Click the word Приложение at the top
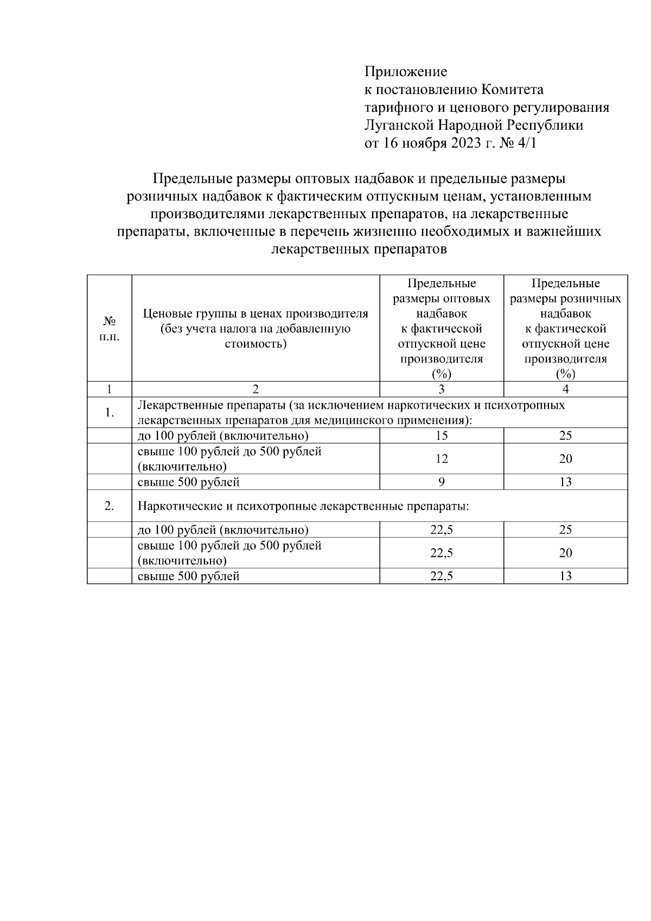pyautogui.click(x=406, y=72)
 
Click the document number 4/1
pyautogui.click(x=531, y=143)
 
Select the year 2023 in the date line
pyautogui.click(x=464, y=143)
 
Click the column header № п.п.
pyautogui.click(x=109, y=329)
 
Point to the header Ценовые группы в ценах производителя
pyautogui.click(x=256, y=314)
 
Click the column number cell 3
pyautogui.click(x=441, y=389)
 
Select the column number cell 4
pyautogui.click(x=565, y=389)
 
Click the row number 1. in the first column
pyautogui.click(x=109, y=413)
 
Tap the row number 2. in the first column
pyautogui.click(x=109, y=506)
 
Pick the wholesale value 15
pyautogui.click(x=441, y=436)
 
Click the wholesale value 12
pyautogui.click(x=441, y=459)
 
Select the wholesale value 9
pyautogui.click(x=441, y=482)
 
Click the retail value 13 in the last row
pyautogui.click(x=565, y=576)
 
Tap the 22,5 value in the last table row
pyautogui.click(x=441, y=576)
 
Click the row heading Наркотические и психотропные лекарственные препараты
pyautogui.click(x=303, y=506)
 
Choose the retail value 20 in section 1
pyautogui.click(x=565, y=459)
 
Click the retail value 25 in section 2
pyautogui.click(x=565, y=530)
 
